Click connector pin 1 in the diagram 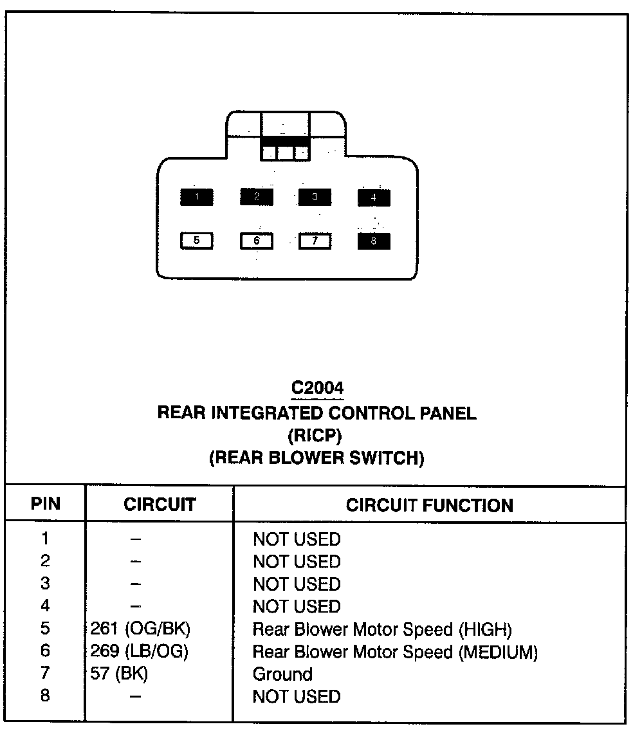pyautogui.click(x=196, y=197)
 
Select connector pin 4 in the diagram pyautogui.click(x=374, y=198)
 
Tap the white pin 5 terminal pyautogui.click(x=196, y=241)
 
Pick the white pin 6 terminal pyautogui.click(x=256, y=241)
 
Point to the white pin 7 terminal pyautogui.click(x=315, y=241)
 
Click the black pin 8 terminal pyautogui.click(x=374, y=242)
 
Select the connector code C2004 pyautogui.click(x=317, y=388)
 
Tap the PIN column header pyautogui.click(x=45, y=504)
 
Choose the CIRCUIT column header pyautogui.click(x=160, y=504)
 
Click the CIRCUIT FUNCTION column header pyautogui.click(x=430, y=505)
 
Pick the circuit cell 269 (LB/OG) pyautogui.click(x=140, y=651)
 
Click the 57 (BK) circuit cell pyautogui.click(x=120, y=674)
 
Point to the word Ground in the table pyautogui.click(x=282, y=674)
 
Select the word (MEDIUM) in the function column pyautogui.click(x=499, y=652)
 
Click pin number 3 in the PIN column pyautogui.click(x=45, y=584)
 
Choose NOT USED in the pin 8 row pyautogui.click(x=297, y=696)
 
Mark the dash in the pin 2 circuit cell pyautogui.click(x=134, y=562)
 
